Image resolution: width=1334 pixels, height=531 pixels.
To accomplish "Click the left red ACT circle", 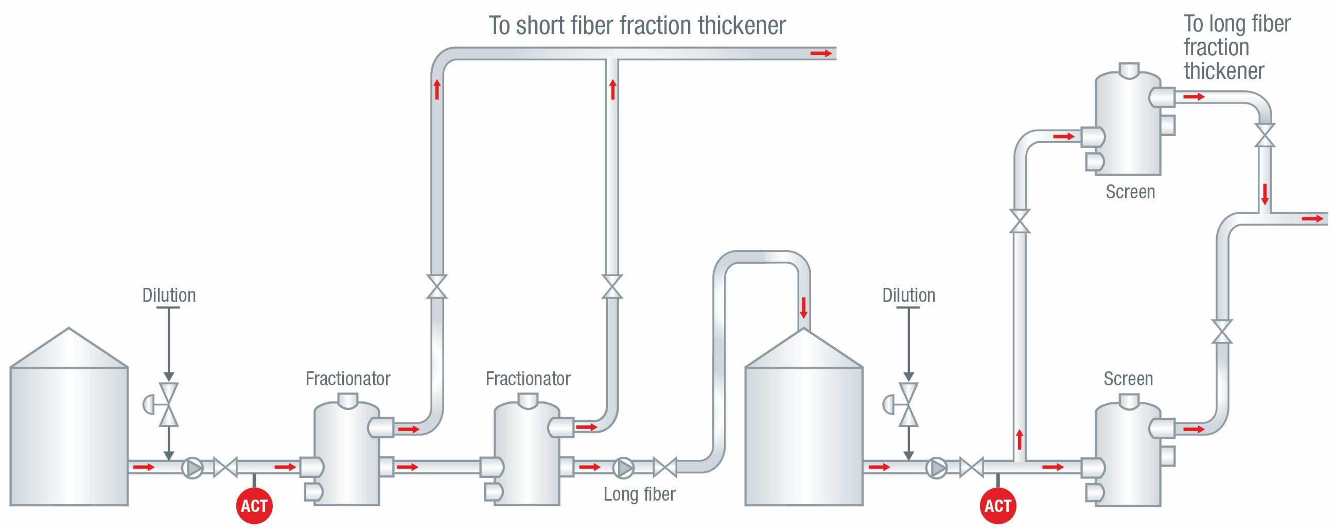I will [254, 506].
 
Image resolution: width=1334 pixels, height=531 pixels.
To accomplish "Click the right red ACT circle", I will [997, 506].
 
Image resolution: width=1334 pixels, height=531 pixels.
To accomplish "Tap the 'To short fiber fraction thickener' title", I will [637, 25].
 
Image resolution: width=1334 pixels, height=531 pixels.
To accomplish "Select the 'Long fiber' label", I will [639, 494].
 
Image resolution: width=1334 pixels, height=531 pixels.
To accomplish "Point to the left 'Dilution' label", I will [169, 295].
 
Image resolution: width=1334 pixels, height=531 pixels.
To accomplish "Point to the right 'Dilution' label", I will [908, 295].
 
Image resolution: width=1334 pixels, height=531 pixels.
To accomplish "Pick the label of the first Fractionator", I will [347, 379].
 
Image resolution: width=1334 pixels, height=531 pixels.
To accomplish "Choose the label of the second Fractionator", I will [528, 379].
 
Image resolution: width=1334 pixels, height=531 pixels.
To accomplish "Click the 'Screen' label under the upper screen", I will [1130, 192].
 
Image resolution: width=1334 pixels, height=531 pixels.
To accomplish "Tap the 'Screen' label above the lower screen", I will [1128, 379].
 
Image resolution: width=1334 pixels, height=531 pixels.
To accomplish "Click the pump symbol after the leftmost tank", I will [192, 468].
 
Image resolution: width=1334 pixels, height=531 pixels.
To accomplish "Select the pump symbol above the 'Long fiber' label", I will [623, 468].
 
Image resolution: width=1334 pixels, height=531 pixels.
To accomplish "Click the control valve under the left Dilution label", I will [168, 405].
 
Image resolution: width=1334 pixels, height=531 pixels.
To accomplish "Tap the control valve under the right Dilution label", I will [908, 405].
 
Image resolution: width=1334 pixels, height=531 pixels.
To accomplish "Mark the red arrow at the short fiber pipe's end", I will [821, 54].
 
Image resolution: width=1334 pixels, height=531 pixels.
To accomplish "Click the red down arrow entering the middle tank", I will [803, 307].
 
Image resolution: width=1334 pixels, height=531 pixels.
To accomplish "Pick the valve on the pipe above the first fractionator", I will [436, 286].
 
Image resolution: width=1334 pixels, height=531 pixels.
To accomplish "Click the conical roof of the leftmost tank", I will [69, 348].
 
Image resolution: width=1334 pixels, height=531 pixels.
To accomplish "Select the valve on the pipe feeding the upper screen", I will [1020, 221].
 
